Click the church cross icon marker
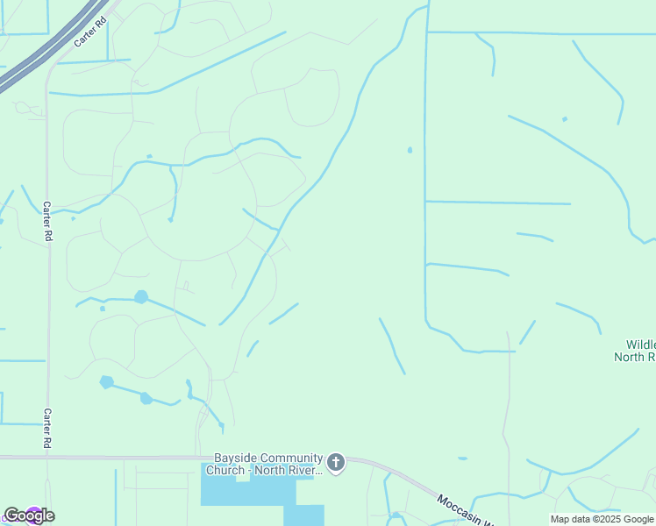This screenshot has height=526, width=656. [x=335, y=462]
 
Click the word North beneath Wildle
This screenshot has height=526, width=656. [x=628, y=357]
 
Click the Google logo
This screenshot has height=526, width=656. [x=29, y=515]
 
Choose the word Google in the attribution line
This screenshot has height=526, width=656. [x=639, y=519]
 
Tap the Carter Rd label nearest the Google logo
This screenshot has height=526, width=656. [x=47, y=428]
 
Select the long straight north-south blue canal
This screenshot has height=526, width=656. [x=425, y=175]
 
